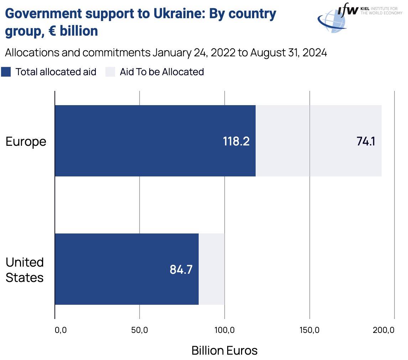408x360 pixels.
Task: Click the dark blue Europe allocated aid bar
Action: point(142,141)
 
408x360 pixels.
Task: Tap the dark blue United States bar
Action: point(114,269)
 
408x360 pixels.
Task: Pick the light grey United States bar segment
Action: point(211,269)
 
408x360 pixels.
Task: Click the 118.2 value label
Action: point(236,142)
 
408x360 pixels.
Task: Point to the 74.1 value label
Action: point(366,142)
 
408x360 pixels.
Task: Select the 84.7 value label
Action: point(181,269)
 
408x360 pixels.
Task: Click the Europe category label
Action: point(26,142)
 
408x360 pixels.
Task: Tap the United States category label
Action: point(25,270)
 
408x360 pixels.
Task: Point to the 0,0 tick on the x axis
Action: point(61,330)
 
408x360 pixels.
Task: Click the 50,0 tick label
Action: point(140,330)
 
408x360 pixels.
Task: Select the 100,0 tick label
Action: point(224,330)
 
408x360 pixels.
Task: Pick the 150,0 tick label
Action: point(309,330)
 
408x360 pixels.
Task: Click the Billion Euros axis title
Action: point(224,350)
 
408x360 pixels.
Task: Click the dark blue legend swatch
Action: point(6,72)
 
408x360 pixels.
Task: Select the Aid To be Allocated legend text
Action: point(162,72)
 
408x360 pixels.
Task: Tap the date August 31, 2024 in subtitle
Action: point(288,53)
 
